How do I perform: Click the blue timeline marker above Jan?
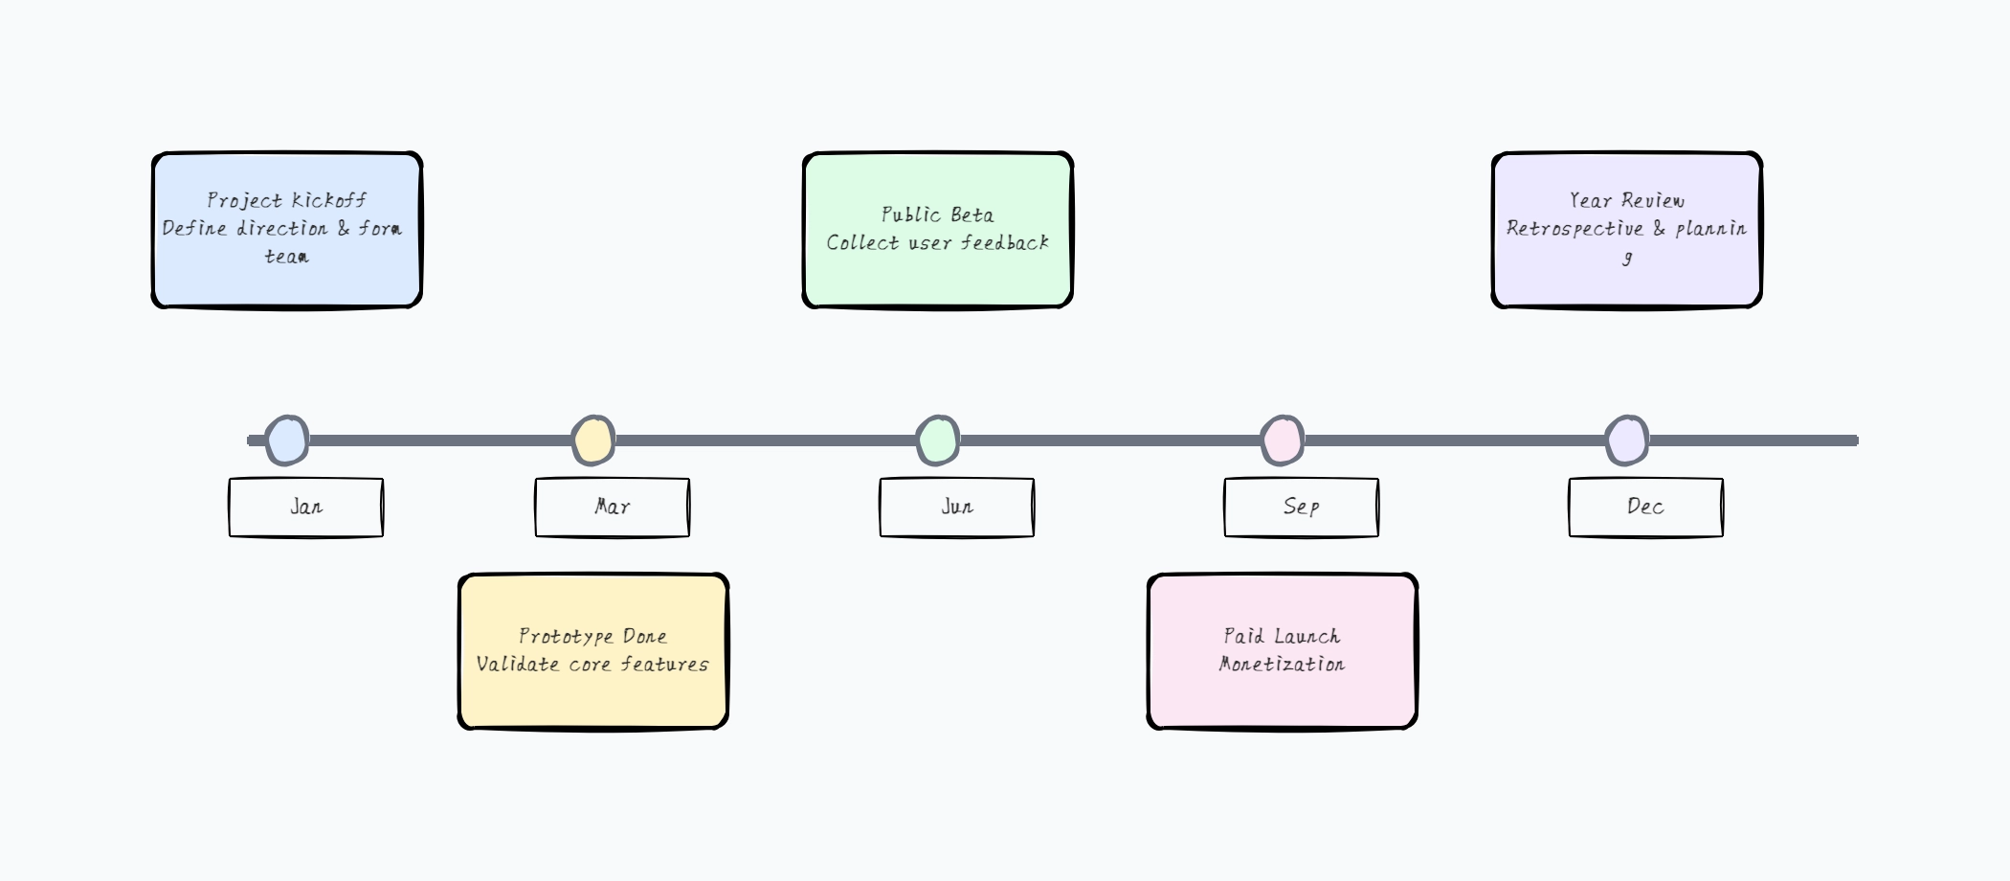(287, 440)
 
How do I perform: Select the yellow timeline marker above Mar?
(593, 440)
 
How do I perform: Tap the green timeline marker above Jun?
(938, 440)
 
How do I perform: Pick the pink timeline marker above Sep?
(1283, 440)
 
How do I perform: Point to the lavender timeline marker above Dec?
(1627, 440)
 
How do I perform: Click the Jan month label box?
(306, 508)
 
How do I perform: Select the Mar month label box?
(613, 508)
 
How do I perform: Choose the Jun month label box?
(957, 508)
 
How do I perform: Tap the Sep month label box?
(1302, 508)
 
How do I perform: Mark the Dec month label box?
(1646, 508)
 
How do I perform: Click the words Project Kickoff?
(287, 200)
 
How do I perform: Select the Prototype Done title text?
(593, 636)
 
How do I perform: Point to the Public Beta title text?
(938, 215)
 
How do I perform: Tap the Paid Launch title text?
(1283, 636)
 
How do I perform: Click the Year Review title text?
(1627, 200)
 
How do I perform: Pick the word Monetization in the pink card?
(1283, 664)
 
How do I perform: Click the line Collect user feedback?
(938, 243)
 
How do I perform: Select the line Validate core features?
(593, 664)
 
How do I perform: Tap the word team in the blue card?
(287, 257)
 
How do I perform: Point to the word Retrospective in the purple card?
(1574, 228)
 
